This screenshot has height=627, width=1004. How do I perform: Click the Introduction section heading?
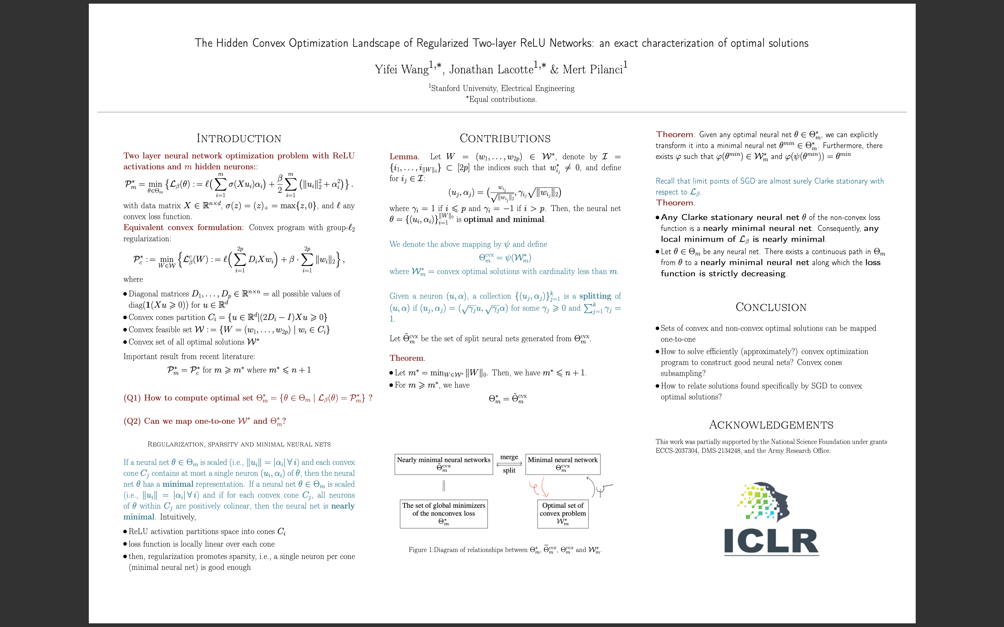(239, 139)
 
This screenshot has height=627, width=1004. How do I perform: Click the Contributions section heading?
(505, 139)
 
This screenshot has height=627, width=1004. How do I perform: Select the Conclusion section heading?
(771, 307)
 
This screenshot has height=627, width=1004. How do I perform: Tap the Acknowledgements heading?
(771, 425)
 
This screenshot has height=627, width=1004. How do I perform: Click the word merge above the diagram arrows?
(509, 457)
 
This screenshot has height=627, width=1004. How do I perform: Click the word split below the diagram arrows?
(509, 470)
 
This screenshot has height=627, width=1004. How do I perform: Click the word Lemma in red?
(403, 157)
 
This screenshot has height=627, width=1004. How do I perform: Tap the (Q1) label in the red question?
(132, 398)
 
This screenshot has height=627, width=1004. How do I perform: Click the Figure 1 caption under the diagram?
(505, 550)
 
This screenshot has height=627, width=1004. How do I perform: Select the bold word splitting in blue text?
(595, 296)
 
